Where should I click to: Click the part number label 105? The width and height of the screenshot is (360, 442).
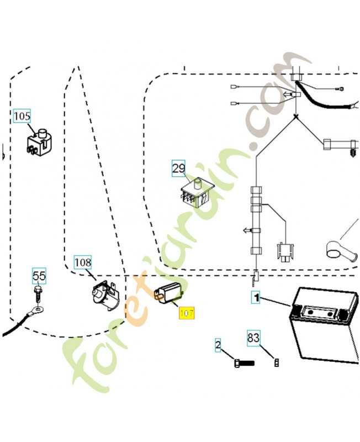tap(22, 116)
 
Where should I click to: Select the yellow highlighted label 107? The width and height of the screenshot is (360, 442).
tap(187, 313)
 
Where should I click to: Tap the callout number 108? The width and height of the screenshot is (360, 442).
tap(83, 262)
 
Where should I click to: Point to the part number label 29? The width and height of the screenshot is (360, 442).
tap(178, 169)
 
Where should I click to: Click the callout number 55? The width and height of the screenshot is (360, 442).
tap(39, 276)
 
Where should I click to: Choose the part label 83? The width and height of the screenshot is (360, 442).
tap(253, 337)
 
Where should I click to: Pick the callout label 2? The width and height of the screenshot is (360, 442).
tap(218, 345)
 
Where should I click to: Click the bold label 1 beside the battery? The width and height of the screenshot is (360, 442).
tap(256, 298)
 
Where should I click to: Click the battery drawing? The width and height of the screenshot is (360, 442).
tap(324, 324)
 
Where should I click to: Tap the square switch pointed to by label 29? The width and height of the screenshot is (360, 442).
tap(197, 193)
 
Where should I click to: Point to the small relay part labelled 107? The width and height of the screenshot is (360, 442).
tap(168, 292)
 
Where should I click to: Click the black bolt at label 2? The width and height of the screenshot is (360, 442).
tap(244, 363)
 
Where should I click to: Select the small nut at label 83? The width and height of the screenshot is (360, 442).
tap(276, 362)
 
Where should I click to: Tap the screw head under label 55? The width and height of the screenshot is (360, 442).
tap(37, 289)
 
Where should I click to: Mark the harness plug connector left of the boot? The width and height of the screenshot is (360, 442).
tap(286, 251)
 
